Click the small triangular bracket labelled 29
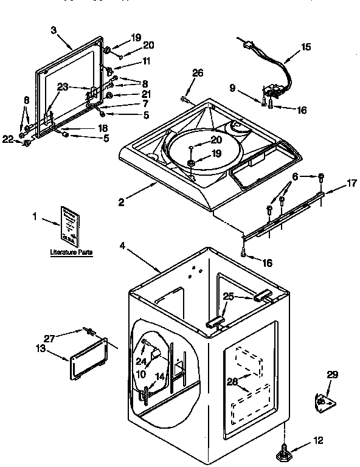click(324, 400)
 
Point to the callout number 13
click(41, 348)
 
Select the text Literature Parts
click(71, 251)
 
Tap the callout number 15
click(306, 46)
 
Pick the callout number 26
click(198, 74)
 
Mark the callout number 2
click(122, 202)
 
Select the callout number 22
click(7, 139)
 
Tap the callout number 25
click(228, 297)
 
